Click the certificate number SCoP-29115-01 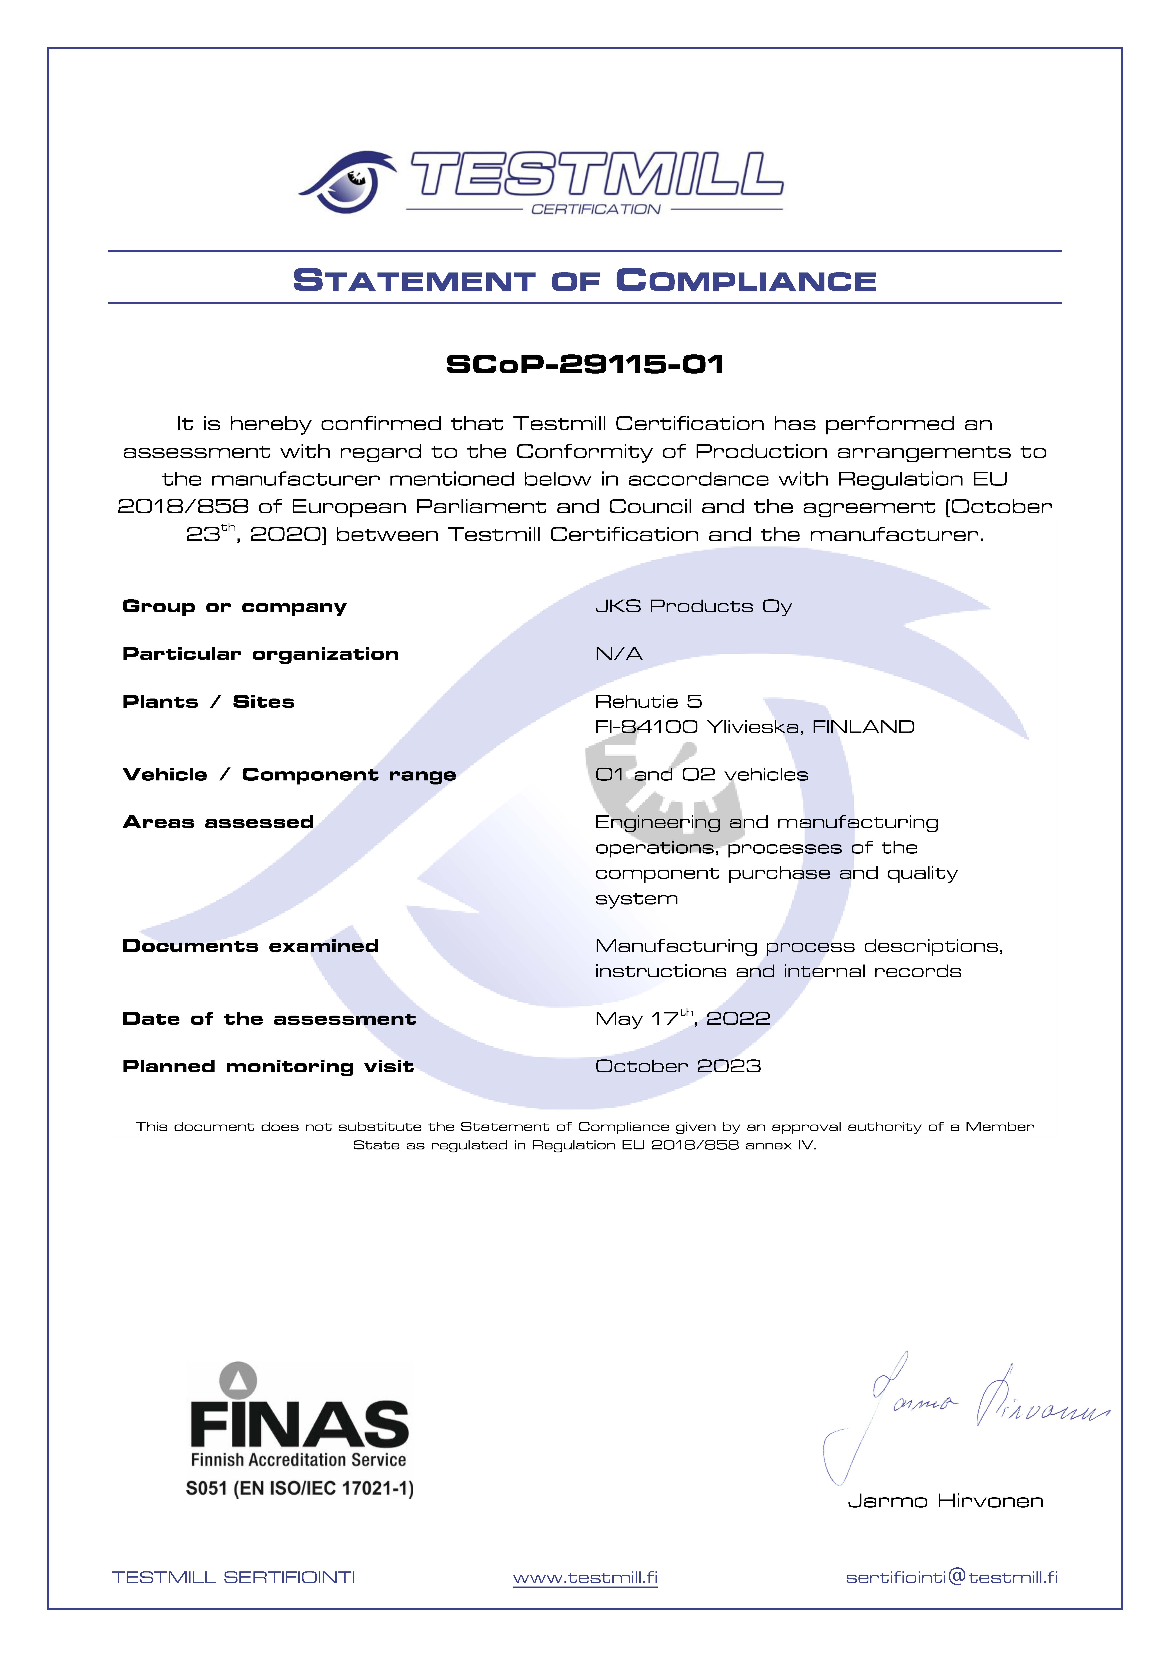(x=585, y=364)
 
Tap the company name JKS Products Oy (x=694, y=607)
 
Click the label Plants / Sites (x=208, y=702)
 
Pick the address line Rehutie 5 (x=648, y=702)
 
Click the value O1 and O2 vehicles (x=701, y=775)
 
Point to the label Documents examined (x=250, y=946)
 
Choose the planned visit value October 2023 (x=678, y=1067)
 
